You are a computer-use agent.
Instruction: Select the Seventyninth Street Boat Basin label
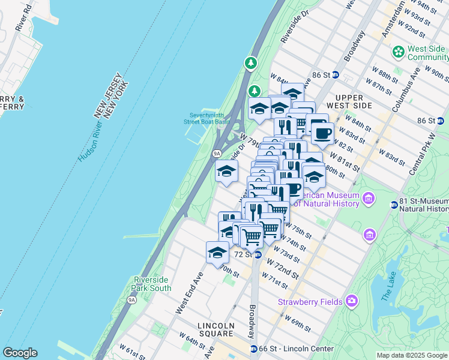coord(206,118)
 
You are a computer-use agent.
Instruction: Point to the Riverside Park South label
coord(152,283)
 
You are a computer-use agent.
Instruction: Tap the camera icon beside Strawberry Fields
coord(352,301)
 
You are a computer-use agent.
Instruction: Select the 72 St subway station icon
coord(258,255)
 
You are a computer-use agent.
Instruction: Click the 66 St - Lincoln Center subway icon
coord(254,349)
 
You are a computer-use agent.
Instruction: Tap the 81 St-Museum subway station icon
coord(394,204)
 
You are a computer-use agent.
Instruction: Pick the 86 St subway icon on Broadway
coord(336,75)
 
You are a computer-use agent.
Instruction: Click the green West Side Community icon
coord(398,52)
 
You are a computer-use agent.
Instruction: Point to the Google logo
coord(20,353)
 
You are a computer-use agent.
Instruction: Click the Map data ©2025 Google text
coord(412,355)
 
